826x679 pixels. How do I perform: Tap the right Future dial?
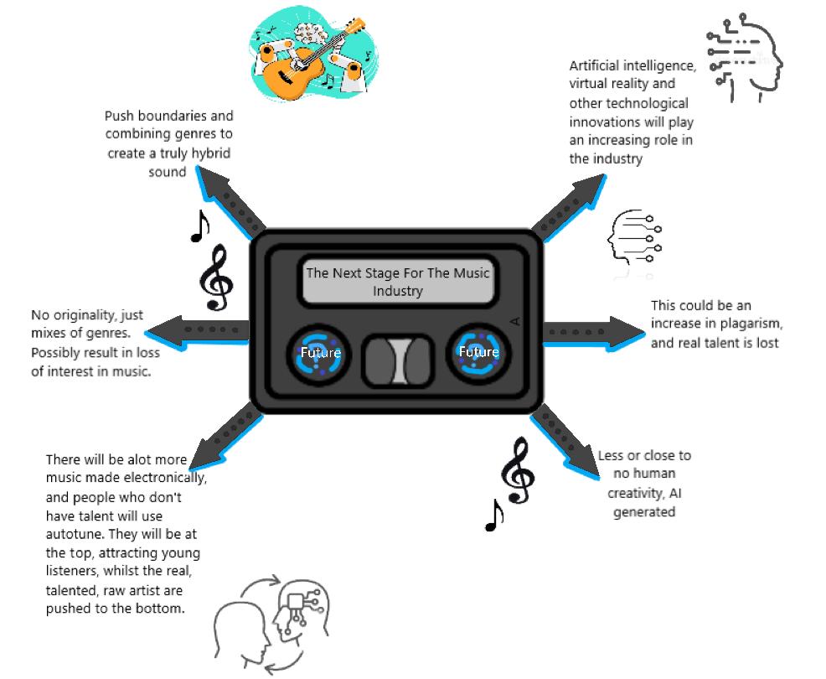pos(478,352)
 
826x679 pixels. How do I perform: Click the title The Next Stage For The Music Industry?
pos(397,282)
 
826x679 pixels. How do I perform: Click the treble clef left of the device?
pos(216,279)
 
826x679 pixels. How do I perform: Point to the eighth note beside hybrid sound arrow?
pos(199,225)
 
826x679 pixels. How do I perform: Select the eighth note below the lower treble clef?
pos(494,516)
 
